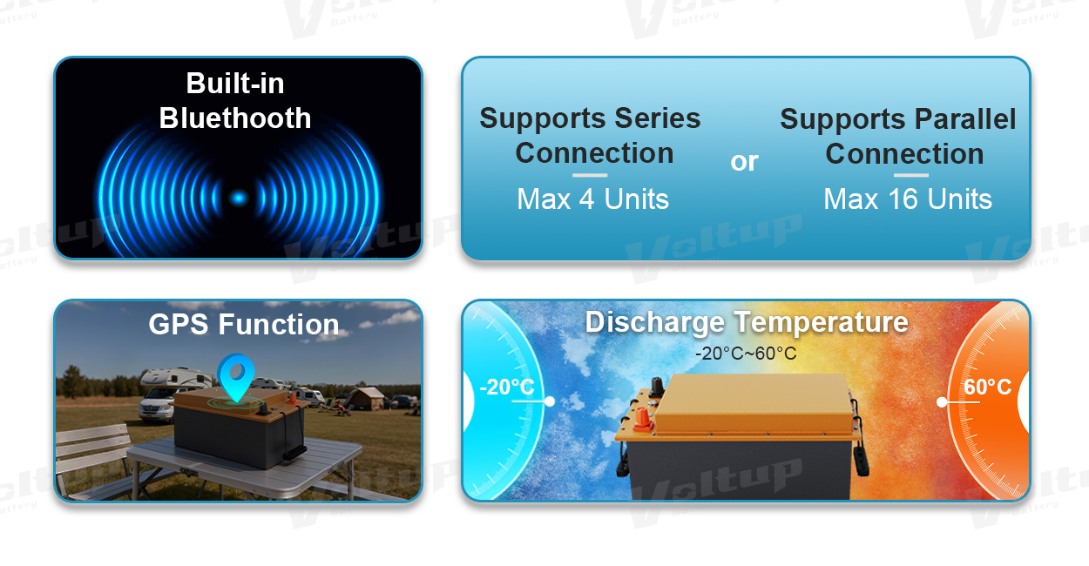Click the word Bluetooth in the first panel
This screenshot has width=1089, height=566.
235,118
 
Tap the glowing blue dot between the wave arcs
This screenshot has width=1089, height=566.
238,198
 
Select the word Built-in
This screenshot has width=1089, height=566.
235,83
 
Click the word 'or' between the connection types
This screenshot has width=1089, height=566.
744,162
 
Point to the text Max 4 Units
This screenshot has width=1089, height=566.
592,199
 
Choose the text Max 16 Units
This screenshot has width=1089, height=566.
908,199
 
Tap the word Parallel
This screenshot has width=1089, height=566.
965,119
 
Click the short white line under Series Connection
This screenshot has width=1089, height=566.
589,175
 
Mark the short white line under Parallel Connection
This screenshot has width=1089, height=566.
910,175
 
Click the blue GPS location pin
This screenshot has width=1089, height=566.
236,376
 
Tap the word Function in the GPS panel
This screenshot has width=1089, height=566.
279,324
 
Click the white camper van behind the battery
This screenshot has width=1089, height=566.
160,394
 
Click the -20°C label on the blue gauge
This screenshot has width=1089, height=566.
506,387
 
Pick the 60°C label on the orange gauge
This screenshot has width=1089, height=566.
987,387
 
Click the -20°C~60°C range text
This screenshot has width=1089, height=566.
746,354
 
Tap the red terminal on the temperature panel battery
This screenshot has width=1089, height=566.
643,421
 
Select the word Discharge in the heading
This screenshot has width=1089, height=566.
655,322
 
